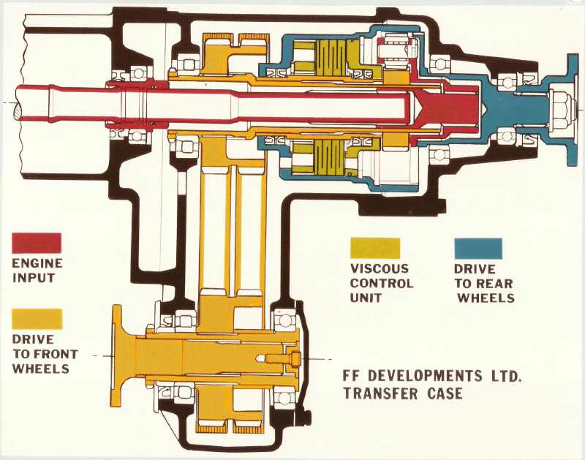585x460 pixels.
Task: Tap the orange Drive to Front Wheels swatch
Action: (37, 319)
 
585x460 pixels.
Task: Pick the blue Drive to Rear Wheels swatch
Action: (478, 248)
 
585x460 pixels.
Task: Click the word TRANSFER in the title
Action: (381, 394)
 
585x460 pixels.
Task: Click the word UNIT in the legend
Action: (366, 298)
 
